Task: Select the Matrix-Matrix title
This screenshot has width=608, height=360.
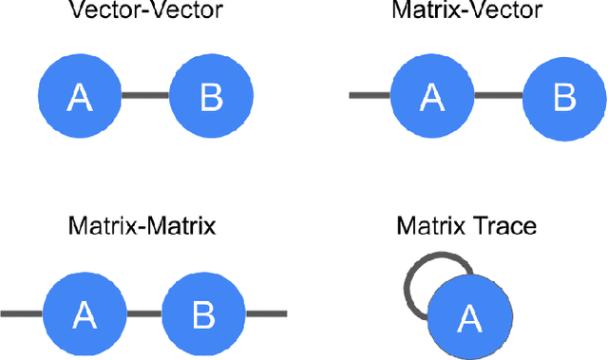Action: (x=142, y=228)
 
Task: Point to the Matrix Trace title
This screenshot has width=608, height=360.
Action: (x=466, y=228)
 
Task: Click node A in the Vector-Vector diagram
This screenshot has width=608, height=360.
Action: (x=80, y=95)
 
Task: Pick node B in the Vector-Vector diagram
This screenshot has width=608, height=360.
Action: (x=211, y=95)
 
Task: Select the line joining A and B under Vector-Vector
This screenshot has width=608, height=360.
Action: (x=145, y=95)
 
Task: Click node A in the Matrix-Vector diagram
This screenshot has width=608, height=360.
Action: (x=432, y=95)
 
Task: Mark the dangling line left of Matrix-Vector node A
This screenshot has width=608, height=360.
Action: (x=370, y=95)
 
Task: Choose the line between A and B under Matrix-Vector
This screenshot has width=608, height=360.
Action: (x=498, y=95)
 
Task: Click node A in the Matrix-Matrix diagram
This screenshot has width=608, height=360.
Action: (x=85, y=313)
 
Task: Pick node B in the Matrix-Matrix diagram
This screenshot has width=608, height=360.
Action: (x=203, y=313)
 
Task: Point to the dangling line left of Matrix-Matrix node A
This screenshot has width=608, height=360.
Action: (x=21, y=313)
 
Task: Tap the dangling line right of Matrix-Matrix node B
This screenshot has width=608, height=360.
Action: (x=266, y=313)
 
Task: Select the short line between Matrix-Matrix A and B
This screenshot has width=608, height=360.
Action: (x=144, y=313)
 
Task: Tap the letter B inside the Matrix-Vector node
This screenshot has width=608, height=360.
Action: (x=564, y=96)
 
